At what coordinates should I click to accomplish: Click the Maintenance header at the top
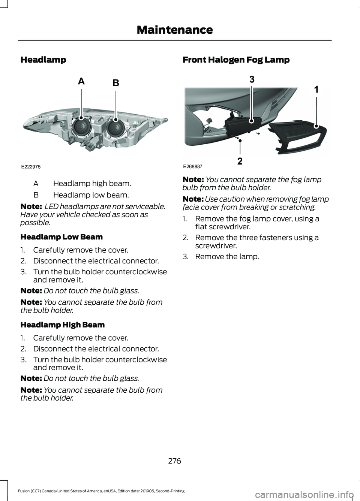pos(175,30)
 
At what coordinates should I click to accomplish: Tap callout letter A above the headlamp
pos(81,81)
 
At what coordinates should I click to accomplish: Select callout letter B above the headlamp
pos(116,83)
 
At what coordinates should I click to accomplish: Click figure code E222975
pos(31,166)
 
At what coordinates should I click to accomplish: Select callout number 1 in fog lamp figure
pos(316,89)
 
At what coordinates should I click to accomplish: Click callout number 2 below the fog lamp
pos(240,162)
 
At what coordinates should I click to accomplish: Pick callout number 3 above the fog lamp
pos(252,79)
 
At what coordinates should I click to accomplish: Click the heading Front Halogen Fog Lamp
pos(236,60)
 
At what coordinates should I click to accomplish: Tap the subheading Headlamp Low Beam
pos(61,237)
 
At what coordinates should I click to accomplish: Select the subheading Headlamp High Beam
pos(63,325)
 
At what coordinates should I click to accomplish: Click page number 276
pos(175,461)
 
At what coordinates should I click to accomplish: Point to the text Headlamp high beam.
pos(92,184)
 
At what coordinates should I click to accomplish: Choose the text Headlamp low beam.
pos(91,195)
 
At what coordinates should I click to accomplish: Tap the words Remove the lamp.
pos(227,257)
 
